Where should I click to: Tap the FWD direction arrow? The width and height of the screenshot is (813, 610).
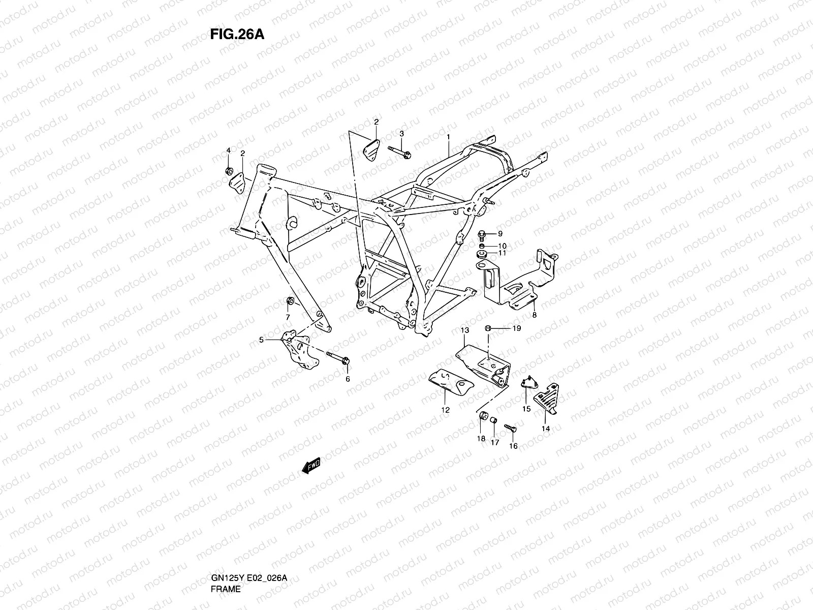[311, 466]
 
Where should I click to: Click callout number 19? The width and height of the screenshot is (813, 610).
[516, 328]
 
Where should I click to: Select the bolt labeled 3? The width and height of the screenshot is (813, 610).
[400, 151]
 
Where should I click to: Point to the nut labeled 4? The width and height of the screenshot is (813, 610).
[229, 170]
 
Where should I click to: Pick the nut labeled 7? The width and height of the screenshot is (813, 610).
[290, 301]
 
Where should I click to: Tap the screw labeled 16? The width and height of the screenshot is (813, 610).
[510, 428]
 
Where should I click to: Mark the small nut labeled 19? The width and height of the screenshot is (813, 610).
[487, 328]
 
